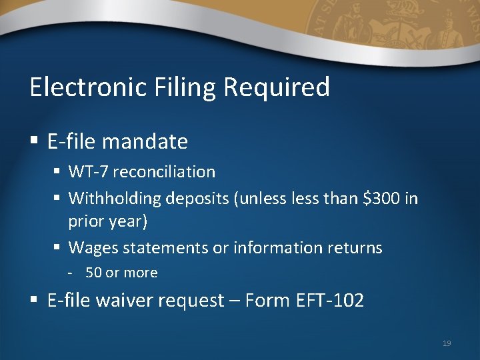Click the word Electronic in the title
(x=81, y=87)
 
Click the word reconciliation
(x=164, y=172)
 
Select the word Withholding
(x=115, y=198)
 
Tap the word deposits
(x=196, y=198)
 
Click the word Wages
(x=89, y=248)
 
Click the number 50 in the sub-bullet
(x=93, y=273)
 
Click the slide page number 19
(x=447, y=343)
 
